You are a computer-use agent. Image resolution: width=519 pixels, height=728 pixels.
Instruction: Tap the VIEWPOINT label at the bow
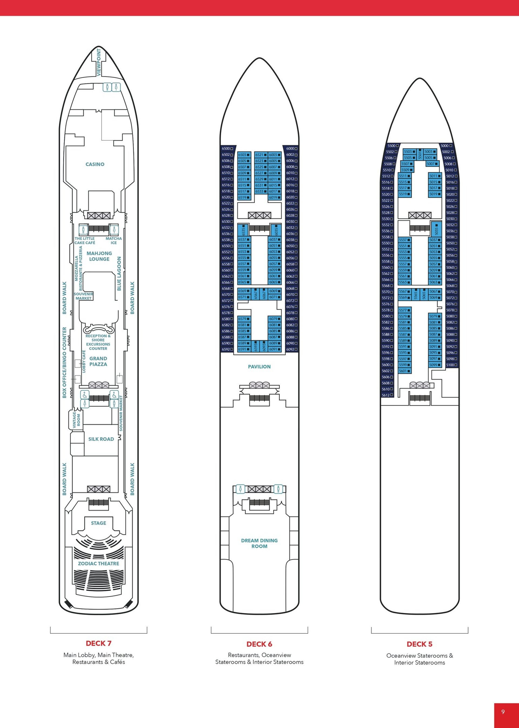(99, 62)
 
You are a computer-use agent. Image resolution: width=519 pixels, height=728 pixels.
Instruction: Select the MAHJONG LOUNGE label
(99, 256)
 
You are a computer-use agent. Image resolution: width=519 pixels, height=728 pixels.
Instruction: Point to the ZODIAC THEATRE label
(98, 564)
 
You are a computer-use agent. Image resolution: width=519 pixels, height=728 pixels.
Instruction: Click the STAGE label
(98, 523)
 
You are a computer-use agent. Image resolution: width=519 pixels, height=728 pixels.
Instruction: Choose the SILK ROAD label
(101, 439)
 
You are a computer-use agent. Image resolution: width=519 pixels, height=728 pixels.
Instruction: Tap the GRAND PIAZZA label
(98, 361)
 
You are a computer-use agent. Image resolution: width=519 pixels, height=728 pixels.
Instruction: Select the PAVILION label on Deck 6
(259, 367)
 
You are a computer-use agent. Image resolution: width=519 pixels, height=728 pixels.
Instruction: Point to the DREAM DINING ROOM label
(259, 543)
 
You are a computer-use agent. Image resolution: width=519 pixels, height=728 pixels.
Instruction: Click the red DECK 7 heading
(98, 643)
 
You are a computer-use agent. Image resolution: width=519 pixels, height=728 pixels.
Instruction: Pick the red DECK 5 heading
(419, 644)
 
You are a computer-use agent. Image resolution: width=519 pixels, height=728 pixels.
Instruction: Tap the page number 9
(503, 712)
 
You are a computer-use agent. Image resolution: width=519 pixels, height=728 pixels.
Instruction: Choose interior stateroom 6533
(261, 191)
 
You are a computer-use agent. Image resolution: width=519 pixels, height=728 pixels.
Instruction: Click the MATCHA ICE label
(114, 240)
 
